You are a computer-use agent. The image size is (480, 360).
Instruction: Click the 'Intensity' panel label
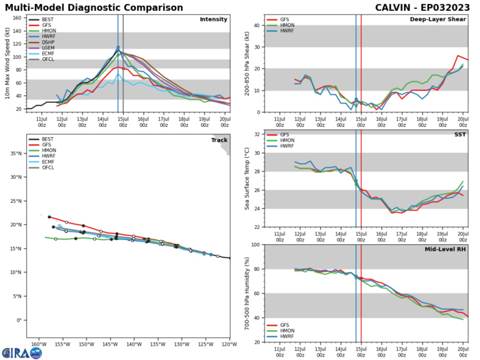[x=213, y=19]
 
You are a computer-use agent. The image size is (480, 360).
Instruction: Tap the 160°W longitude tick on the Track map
[x=39, y=344]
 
